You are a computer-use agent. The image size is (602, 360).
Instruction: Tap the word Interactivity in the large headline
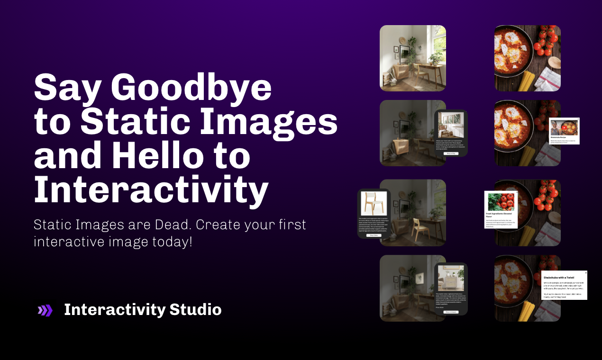click(151, 190)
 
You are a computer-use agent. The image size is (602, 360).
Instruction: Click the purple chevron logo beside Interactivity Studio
click(45, 310)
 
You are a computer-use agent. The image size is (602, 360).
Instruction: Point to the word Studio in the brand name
click(195, 310)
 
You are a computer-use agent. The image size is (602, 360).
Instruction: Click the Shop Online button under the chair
click(374, 235)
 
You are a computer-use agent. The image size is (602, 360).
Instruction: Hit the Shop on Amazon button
click(451, 312)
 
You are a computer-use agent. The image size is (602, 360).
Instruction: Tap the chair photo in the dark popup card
click(374, 203)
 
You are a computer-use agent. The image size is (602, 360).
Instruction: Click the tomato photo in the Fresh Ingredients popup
click(501, 202)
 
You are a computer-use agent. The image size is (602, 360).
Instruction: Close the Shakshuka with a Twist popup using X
click(585, 273)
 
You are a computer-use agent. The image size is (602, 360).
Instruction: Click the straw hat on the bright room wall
click(403, 42)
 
